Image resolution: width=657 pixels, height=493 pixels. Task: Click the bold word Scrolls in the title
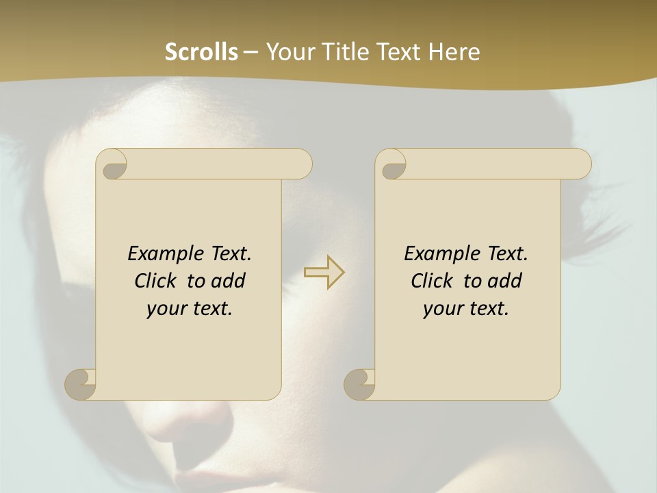tap(201, 52)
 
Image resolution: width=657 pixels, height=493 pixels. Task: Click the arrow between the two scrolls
tap(324, 272)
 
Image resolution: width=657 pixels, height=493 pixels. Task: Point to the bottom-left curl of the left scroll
tap(80, 383)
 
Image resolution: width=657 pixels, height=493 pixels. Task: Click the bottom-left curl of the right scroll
tap(359, 383)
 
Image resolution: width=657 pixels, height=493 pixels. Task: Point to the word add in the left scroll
tap(229, 281)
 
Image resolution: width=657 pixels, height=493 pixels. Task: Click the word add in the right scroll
tap(506, 281)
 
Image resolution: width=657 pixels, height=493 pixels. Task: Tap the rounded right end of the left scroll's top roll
tap(301, 164)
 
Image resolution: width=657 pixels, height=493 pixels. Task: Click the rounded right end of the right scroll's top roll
tap(580, 164)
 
